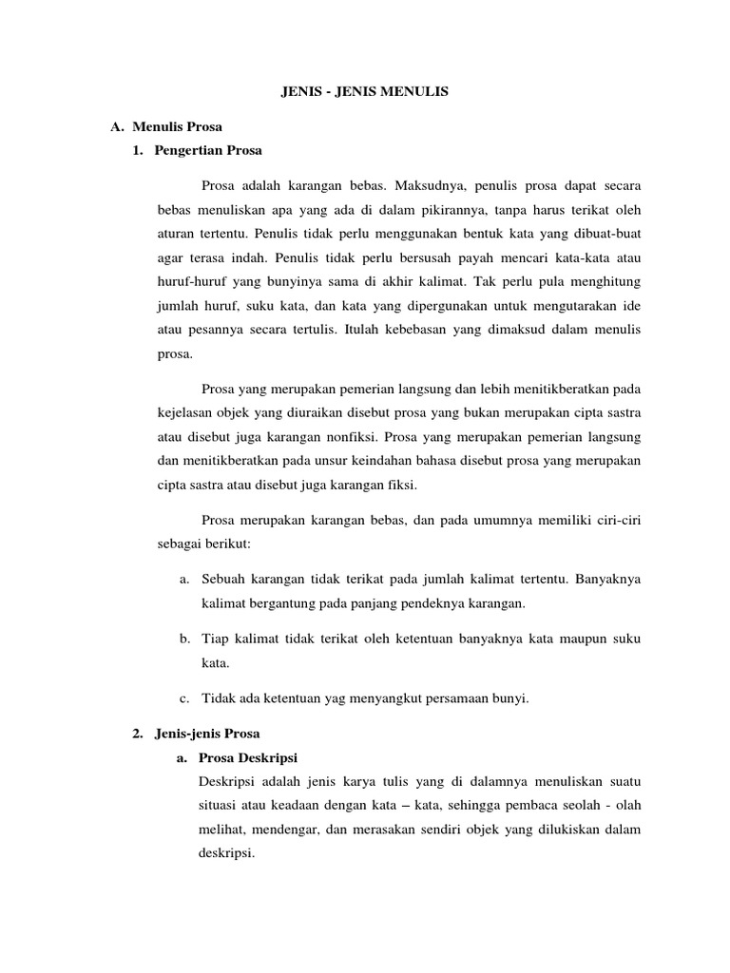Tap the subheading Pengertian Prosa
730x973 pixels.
[208, 150]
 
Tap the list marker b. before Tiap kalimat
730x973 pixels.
[184, 639]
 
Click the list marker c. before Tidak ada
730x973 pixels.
[184, 699]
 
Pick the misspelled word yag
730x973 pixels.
[339, 699]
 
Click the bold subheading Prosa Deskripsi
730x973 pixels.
[249, 757]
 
